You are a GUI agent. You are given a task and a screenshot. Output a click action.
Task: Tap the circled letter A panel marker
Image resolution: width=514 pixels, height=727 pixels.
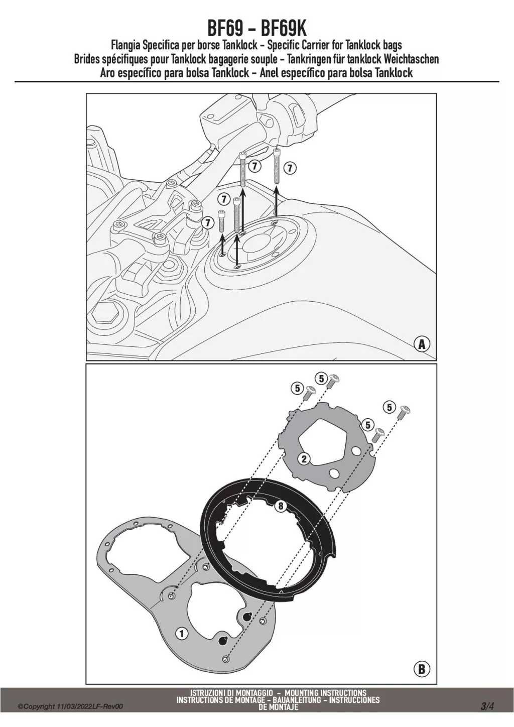click(x=422, y=344)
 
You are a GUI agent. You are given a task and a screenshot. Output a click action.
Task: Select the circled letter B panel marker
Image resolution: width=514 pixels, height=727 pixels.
click(x=422, y=669)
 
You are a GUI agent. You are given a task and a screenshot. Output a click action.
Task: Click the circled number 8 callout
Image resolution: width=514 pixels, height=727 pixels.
click(x=280, y=506)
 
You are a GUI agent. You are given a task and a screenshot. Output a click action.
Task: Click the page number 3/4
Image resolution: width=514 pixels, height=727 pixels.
click(x=487, y=707)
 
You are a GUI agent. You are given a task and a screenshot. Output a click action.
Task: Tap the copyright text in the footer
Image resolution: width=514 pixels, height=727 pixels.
click(x=70, y=707)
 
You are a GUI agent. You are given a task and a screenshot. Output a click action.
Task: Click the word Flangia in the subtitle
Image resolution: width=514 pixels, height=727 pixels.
click(x=126, y=46)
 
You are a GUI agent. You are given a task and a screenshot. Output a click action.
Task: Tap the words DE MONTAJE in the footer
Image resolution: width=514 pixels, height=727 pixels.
click(x=278, y=707)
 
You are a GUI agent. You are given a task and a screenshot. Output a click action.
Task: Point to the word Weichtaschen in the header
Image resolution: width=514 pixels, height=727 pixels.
click(x=411, y=59)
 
